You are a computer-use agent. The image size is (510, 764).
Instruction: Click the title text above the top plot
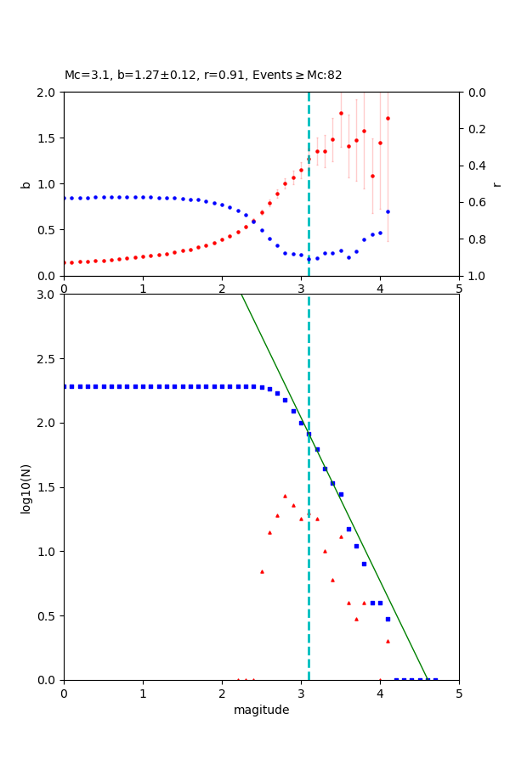203,75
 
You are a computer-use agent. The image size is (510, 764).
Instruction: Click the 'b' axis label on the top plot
25,184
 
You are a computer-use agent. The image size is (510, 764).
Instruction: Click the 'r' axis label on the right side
497,184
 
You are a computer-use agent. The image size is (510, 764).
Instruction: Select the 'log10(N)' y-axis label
25,487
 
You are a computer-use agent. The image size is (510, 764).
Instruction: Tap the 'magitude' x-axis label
261,710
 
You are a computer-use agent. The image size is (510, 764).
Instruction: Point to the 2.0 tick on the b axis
50,93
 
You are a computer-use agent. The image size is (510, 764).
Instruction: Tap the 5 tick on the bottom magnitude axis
459,694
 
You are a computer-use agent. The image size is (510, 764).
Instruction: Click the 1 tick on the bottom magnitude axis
143,694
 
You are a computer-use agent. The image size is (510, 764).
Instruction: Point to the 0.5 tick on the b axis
50,230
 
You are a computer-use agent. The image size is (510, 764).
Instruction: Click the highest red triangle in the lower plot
285,496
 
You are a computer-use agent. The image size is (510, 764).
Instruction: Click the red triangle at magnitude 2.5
262,571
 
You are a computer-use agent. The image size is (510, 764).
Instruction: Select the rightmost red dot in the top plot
388,118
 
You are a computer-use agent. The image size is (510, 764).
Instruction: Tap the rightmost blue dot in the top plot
388,211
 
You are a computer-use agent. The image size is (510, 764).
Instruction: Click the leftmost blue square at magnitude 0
65,386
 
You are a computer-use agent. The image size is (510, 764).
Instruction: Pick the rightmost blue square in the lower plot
435,679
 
